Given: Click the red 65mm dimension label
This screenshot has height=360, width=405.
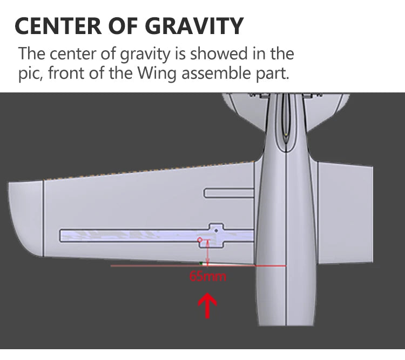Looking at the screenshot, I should click(x=208, y=277).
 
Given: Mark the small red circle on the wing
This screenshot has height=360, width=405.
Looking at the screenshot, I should click(x=200, y=239).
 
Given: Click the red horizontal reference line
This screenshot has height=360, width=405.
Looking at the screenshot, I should click(x=162, y=265).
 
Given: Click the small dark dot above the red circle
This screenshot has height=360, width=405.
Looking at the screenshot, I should click(x=217, y=230).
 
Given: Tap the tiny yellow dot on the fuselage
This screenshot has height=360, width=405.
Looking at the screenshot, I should click(x=286, y=134).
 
